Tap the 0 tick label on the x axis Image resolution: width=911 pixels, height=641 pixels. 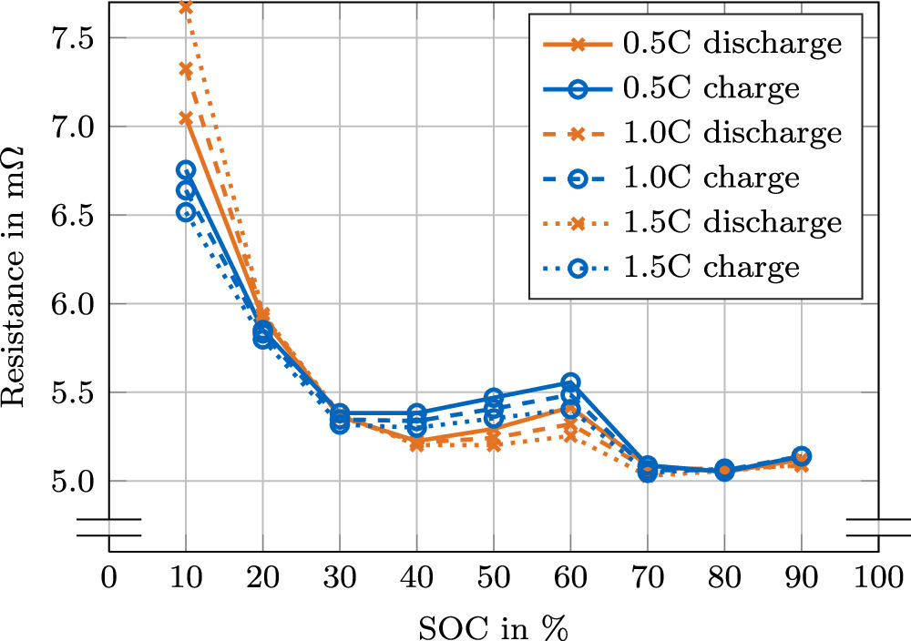click(x=109, y=579)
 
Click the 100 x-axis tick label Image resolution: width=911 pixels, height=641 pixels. click(x=878, y=579)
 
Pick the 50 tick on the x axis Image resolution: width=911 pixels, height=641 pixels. click(x=494, y=579)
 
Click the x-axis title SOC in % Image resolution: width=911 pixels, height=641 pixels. click(x=494, y=626)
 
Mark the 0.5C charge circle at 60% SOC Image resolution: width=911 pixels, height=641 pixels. click(x=570, y=382)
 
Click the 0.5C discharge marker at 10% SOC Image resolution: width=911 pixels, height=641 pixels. click(x=186, y=118)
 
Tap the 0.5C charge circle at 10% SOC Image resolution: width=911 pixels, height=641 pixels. click(x=186, y=170)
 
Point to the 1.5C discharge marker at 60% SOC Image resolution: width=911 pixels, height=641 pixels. click(x=570, y=435)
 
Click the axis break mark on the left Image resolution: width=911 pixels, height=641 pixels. click(x=109, y=528)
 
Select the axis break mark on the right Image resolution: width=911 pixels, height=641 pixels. click(x=878, y=528)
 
